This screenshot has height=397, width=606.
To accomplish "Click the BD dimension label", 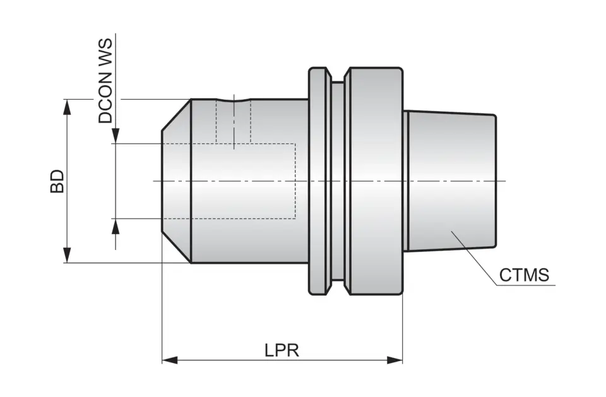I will pos(57,181).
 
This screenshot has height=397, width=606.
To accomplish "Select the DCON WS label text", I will pos(105,81).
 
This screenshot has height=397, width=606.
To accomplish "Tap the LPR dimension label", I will pos(282,349).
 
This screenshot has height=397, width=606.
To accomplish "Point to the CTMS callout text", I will pos(523,275).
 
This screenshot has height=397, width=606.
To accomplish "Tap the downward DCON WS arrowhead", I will pos(115,136).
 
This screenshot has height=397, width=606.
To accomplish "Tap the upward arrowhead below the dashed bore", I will pos(115,226).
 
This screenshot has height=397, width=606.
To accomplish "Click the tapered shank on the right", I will pos(451,181).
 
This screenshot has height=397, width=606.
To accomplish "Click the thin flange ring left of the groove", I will pos(319,181).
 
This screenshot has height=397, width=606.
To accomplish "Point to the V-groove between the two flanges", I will pos(338,181).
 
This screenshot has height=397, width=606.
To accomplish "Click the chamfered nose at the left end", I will pos(176,181).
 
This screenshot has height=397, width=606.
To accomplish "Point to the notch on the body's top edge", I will pos(234,100).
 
